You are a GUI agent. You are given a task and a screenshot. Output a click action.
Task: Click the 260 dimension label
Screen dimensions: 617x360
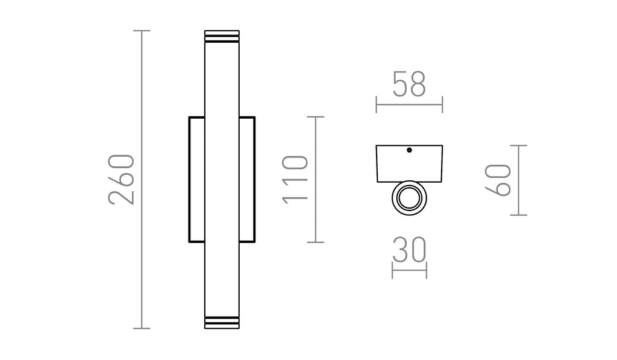click(x=121, y=179)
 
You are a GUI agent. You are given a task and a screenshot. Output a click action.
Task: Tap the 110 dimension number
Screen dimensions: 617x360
click(x=295, y=180)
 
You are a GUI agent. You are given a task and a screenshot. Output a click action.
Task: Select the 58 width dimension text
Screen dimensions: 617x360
click(x=409, y=84)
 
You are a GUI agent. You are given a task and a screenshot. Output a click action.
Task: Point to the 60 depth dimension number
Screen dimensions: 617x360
click(x=498, y=180)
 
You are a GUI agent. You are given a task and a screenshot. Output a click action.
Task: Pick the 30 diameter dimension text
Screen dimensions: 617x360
click(x=409, y=250)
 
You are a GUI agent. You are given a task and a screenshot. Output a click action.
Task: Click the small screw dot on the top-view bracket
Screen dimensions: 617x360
click(x=409, y=150)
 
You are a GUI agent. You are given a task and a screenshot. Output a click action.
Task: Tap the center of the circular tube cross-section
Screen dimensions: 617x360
click(x=409, y=198)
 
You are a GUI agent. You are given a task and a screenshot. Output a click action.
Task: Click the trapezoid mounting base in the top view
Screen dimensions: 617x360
click(x=409, y=163)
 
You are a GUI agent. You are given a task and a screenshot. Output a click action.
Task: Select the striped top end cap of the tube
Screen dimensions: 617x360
click(x=222, y=36)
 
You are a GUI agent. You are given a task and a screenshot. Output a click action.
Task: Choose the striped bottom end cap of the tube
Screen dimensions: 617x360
click(x=222, y=323)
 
